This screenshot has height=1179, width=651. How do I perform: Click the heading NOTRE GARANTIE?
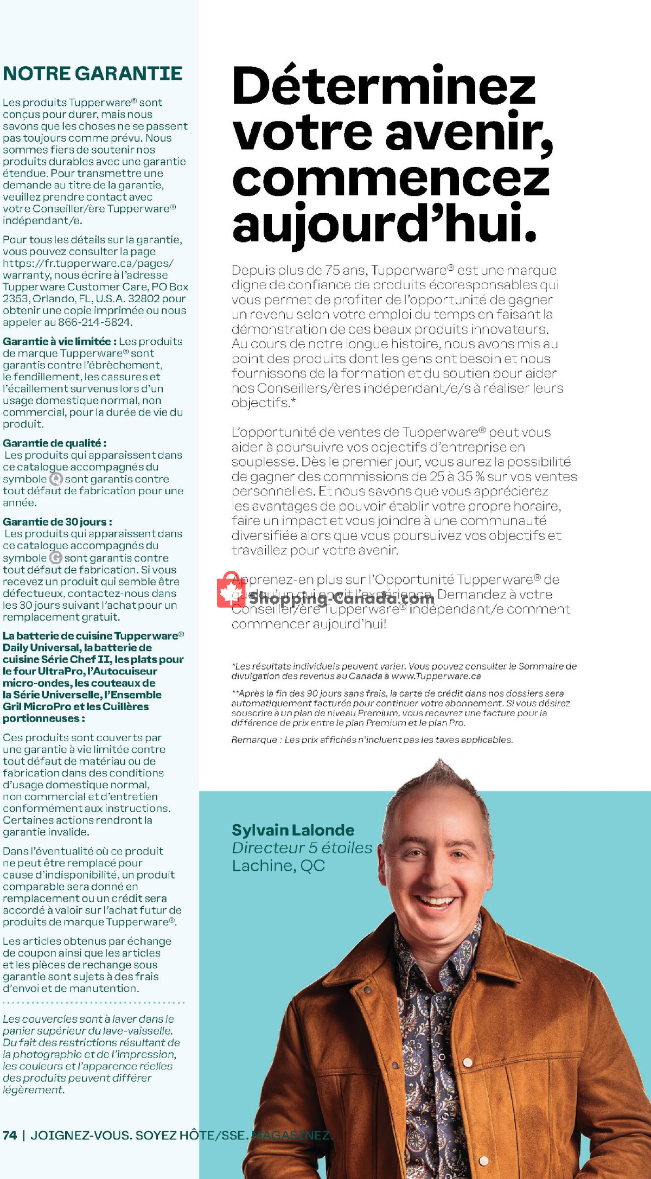(x=92, y=74)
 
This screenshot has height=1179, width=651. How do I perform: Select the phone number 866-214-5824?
(x=95, y=322)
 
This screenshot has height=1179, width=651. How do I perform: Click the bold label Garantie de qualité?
(x=54, y=443)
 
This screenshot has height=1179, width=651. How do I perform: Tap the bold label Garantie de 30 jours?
(x=57, y=522)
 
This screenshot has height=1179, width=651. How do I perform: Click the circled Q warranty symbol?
(x=56, y=479)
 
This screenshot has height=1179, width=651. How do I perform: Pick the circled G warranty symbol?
(x=55, y=558)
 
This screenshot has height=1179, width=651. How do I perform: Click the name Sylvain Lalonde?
(x=293, y=830)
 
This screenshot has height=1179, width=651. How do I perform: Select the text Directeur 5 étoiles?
(x=302, y=847)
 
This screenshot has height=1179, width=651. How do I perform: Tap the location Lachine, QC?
(x=278, y=865)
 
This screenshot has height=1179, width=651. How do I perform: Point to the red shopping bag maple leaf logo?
(x=231, y=590)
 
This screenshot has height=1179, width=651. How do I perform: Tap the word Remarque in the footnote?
(x=254, y=740)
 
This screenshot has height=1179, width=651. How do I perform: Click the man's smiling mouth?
(x=435, y=902)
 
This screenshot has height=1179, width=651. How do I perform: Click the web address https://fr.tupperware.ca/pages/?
(x=88, y=263)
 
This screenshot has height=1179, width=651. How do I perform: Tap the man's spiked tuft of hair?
(x=440, y=769)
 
